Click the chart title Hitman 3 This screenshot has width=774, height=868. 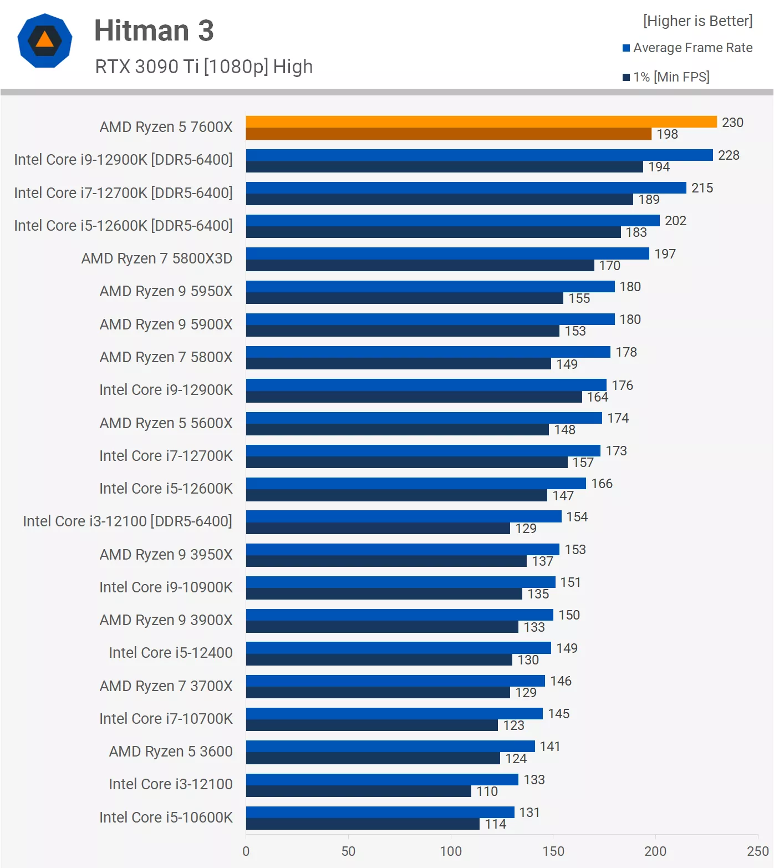[x=154, y=31]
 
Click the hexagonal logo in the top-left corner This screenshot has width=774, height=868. [x=45, y=40]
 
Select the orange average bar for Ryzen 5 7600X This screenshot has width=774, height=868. [x=481, y=121]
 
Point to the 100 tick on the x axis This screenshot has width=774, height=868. [x=451, y=851]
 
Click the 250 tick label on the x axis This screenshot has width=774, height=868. [x=757, y=851]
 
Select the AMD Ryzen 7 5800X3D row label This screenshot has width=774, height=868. [x=157, y=258]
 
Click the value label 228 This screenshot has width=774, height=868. [x=729, y=155]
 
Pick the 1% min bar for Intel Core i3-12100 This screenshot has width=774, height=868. [x=358, y=791]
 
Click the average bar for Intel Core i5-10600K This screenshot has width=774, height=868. [x=380, y=812]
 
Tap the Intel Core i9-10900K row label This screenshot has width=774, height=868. [x=166, y=587]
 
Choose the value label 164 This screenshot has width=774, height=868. [x=597, y=397]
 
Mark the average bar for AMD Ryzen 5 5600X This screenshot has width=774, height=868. [x=424, y=418]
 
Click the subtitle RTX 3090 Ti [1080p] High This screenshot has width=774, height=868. [x=203, y=67]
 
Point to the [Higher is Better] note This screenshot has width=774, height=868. [x=697, y=21]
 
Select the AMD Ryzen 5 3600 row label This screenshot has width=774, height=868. [x=171, y=752]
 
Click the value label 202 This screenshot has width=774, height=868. [x=675, y=221]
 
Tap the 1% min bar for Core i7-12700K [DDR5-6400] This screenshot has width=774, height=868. [x=439, y=200]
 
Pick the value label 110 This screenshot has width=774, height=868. [x=487, y=791]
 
